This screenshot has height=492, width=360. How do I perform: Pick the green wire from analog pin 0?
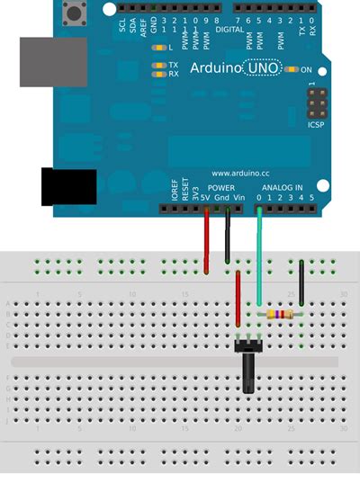(x=259, y=256)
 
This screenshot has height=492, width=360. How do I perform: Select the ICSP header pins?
(x=316, y=107)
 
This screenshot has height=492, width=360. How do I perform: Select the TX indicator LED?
(x=159, y=65)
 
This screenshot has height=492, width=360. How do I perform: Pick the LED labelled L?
(x=160, y=47)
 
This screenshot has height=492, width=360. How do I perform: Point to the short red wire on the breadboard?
(x=238, y=299)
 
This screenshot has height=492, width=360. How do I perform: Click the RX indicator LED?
(x=159, y=74)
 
